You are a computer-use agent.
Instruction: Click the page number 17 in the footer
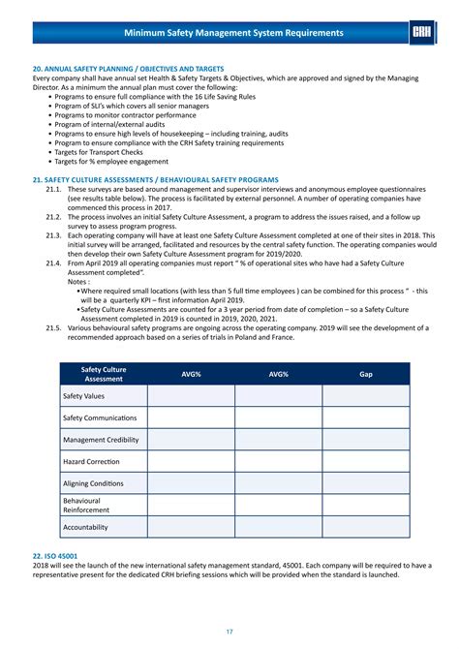229,632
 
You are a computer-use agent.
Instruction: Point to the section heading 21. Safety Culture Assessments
155,180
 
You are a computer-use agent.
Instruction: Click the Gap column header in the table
365,373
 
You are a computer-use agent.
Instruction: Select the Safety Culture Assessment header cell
103,373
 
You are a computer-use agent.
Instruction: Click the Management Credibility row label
101,440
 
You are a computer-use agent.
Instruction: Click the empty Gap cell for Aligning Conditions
365,483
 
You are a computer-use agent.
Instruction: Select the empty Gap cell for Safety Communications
365,417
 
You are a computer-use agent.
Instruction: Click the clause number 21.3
54,236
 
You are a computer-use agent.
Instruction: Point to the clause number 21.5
54,328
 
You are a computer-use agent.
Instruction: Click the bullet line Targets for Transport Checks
112,152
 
